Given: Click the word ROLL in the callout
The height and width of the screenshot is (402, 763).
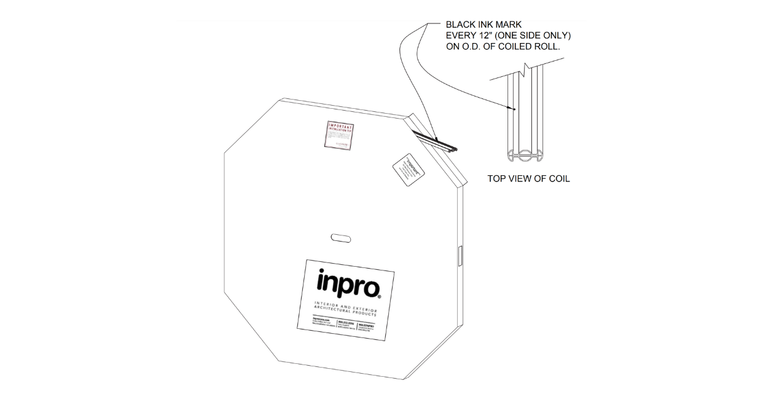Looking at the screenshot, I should [555, 47].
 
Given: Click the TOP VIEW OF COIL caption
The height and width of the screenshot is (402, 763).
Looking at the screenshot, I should [528, 179].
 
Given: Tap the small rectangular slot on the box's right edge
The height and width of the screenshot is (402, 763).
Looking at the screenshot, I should [459, 255].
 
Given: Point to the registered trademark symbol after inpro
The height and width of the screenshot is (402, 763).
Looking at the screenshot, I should [380, 296].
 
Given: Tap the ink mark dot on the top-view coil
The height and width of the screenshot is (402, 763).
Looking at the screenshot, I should [514, 109].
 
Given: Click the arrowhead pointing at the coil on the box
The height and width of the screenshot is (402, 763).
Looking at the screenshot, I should [436, 138].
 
